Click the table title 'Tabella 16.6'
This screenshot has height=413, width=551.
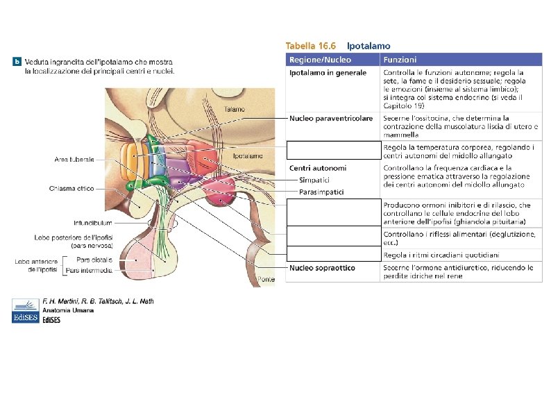(312, 45)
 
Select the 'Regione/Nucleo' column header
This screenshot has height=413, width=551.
(320, 60)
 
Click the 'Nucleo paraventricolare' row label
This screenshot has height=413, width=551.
(331, 119)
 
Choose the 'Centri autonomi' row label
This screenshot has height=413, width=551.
(318, 168)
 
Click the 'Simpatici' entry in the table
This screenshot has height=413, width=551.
(314, 180)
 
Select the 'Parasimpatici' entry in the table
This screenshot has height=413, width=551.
(321, 191)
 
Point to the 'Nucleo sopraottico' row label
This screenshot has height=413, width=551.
(322, 267)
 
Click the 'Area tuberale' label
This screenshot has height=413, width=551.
(74, 159)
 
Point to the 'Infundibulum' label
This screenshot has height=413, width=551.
(92, 223)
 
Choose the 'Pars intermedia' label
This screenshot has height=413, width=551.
(89, 270)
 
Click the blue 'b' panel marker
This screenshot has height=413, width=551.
(17, 62)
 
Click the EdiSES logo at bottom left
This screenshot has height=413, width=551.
(26, 310)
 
